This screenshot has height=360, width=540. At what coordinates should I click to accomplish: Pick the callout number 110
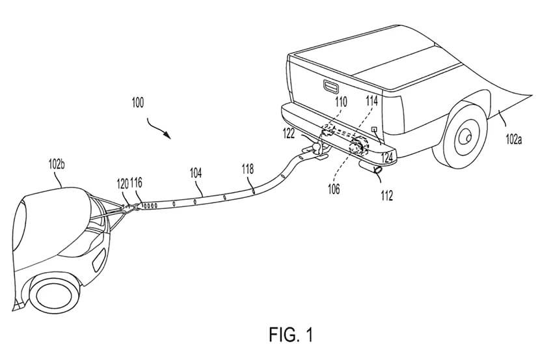(341, 102)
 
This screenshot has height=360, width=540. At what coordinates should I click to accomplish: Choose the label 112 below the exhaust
(386, 195)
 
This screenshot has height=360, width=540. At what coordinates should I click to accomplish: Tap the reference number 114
(371, 102)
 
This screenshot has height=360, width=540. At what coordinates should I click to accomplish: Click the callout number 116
(137, 184)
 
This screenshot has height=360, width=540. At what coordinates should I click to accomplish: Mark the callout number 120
(122, 184)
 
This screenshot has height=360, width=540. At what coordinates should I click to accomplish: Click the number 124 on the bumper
(387, 157)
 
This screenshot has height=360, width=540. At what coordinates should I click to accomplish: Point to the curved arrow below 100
(159, 128)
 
